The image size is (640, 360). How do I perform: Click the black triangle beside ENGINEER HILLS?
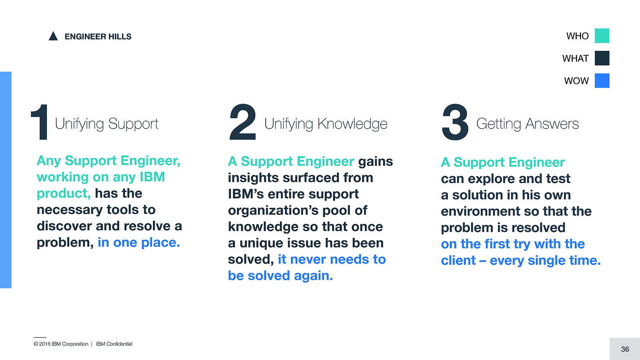coord(53,36)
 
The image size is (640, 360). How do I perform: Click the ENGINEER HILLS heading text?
coord(98,36)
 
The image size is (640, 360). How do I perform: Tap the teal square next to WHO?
coord(602,36)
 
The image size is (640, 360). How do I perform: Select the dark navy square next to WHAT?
coord(602,58)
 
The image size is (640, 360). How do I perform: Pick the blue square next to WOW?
coord(602,80)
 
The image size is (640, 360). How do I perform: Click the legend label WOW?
coord(576,81)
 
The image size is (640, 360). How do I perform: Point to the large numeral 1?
coord(40,122)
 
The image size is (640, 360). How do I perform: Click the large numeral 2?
coord(243,122)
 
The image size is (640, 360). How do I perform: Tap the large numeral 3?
coord(455,122)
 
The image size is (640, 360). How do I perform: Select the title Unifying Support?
coord(106,124)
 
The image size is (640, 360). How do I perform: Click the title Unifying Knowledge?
coord(326,124)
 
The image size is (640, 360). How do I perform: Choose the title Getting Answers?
coord(528,124)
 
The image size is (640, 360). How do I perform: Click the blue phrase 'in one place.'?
coord(139,243)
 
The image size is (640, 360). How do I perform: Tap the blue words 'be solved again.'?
coord(281,276)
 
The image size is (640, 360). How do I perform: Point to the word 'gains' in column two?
coord(375,162)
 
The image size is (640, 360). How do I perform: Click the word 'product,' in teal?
coord(64,194)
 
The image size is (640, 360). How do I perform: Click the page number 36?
coord(625,349)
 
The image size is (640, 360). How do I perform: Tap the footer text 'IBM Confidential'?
coord(114,344)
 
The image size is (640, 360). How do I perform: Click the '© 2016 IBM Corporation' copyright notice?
coord(61,344)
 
